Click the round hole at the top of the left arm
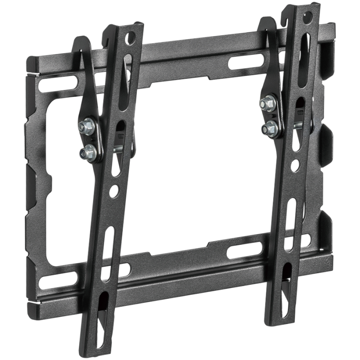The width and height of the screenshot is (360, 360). [131, 35]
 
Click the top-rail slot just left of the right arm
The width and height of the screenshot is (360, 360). [242, 62]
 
